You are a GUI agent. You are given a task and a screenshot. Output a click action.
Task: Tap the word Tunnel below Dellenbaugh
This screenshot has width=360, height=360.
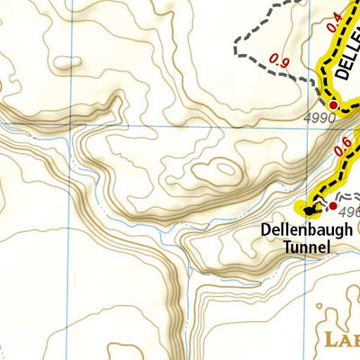click(x=304, y=247)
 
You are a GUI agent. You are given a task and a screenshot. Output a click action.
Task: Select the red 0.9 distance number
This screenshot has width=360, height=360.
click(x=279, y=63)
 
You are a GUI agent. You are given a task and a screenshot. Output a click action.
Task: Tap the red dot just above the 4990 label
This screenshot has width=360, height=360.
click(x=333, y=105)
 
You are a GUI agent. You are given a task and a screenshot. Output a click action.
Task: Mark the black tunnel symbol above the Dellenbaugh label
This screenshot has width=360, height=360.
click(x=310, y=211)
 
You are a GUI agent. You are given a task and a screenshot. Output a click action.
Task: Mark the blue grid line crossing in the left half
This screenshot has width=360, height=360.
click(x=71, y=127)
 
